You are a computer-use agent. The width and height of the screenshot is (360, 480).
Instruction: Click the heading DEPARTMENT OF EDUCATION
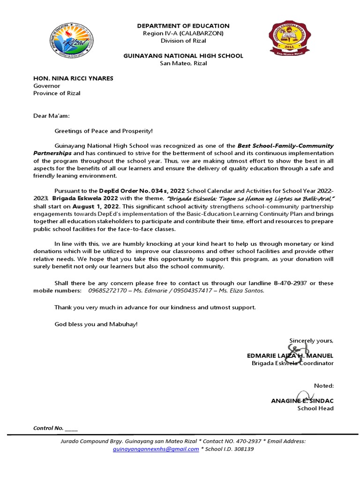tap(183, 26)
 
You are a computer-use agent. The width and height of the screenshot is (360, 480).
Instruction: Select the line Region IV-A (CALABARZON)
tap(183, 33)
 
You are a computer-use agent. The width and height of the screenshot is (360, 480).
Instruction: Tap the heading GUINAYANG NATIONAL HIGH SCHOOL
tap(183, 56)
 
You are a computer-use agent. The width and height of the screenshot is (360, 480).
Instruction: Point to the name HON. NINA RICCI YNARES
tap(73, 78)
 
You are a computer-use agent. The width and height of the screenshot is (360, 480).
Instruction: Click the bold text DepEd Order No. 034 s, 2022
tap(142, 191)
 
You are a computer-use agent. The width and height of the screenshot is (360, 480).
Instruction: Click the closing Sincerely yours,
tap(311, 340)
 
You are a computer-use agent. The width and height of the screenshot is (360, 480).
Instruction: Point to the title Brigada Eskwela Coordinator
tap(292, 363)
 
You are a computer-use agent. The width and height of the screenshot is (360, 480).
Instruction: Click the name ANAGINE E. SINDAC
tap(302, 401)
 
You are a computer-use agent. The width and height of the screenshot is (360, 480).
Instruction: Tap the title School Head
tap(315, 408)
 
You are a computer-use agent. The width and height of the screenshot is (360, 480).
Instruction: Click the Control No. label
tap(48, 428)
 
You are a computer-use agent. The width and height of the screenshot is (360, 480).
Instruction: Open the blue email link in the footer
tap(156, 449)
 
